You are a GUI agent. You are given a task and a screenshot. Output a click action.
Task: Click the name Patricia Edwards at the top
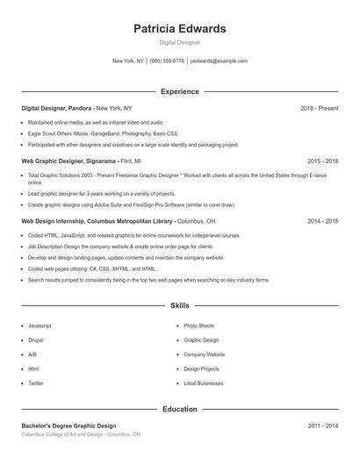(179, 29)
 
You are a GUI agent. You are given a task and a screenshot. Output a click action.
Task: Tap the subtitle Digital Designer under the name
(179, 42)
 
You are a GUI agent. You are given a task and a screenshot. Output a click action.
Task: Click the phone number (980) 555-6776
(167, 61)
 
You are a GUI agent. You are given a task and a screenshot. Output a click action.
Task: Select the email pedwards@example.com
(219, 61)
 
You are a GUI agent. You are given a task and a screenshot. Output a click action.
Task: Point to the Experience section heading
(179, 91)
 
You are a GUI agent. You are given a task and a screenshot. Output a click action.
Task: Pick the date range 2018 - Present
(319, 108)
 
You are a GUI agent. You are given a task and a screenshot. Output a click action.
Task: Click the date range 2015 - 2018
(322, 161)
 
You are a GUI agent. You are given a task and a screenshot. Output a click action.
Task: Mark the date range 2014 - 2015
(322, 221)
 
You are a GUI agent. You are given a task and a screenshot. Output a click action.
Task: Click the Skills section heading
(179, 305)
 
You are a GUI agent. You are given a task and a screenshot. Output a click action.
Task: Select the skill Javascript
(40, 325)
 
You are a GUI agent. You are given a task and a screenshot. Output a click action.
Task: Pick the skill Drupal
(36, 340)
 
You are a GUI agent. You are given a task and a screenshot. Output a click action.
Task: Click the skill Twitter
(36, 383)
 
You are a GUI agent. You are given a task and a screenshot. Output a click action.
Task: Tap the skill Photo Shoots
(198, 325)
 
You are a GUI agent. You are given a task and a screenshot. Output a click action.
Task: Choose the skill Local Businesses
(203, 383)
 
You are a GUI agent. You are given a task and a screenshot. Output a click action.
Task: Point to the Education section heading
(179, 409)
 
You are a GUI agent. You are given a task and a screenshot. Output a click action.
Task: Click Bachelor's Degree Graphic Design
(68, 426)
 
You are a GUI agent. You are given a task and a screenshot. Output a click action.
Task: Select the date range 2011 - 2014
(322, 426)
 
